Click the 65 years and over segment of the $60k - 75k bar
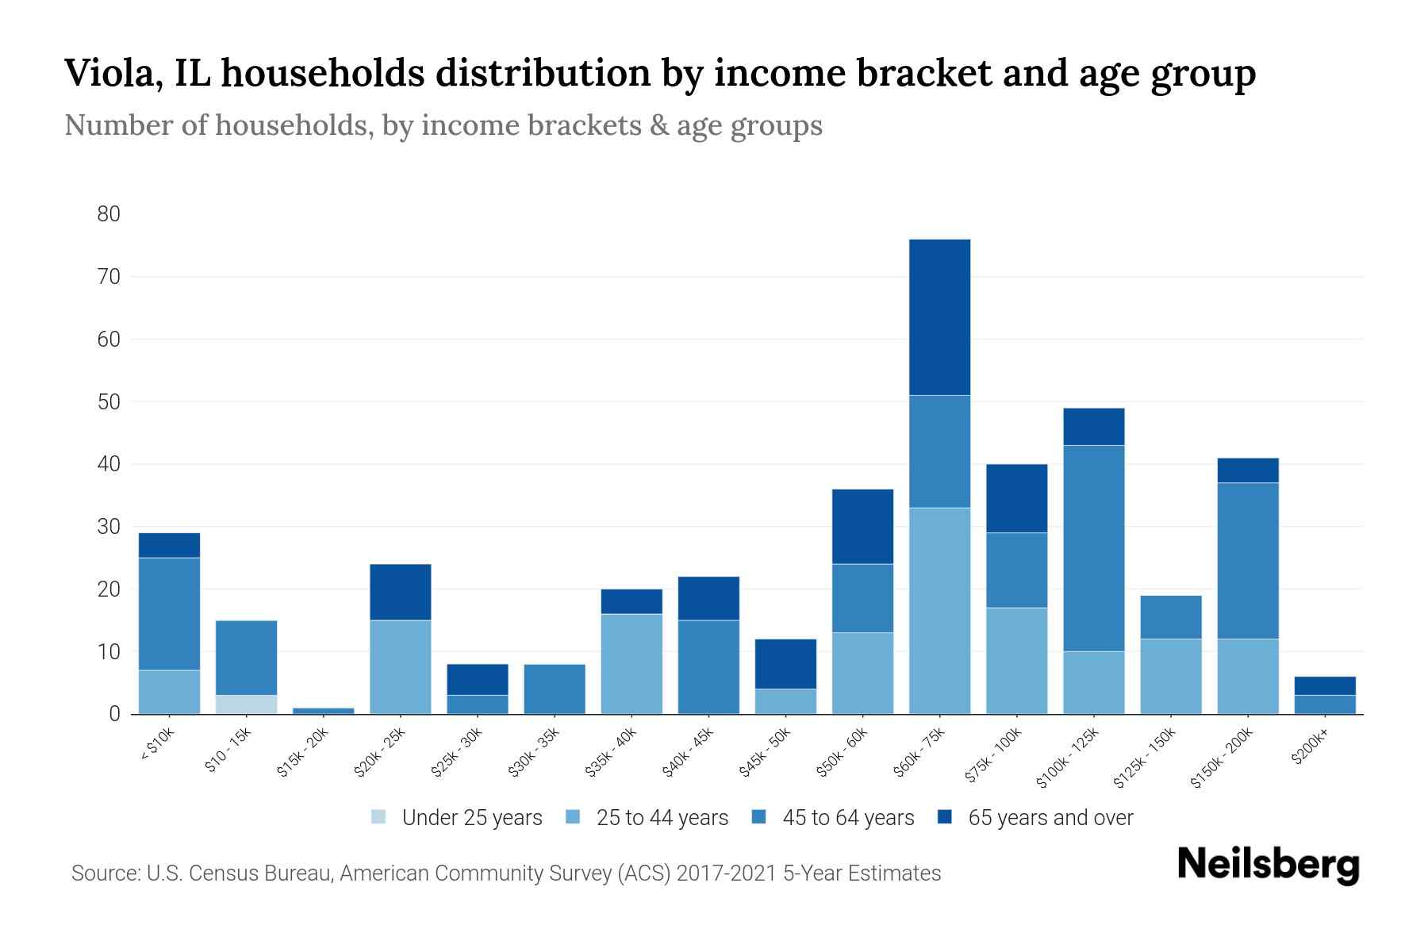point(939,317)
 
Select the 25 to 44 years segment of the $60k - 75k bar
point(939,611)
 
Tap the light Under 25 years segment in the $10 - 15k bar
point(246,704)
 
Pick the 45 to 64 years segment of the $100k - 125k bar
point(1093,547)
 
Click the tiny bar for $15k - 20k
point(323,711)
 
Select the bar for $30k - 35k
point(555,689)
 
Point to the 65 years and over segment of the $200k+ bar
point(1325,685)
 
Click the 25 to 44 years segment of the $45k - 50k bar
point(785,701)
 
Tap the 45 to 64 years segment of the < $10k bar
point(169,613)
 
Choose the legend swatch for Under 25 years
point(379,816)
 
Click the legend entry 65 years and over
point(1050,818)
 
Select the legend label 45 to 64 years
point(848,818)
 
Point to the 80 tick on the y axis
point(109,214)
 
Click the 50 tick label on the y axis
point(109,402)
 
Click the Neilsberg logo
point(1268,864)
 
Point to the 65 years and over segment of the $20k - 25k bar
point(400,592)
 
